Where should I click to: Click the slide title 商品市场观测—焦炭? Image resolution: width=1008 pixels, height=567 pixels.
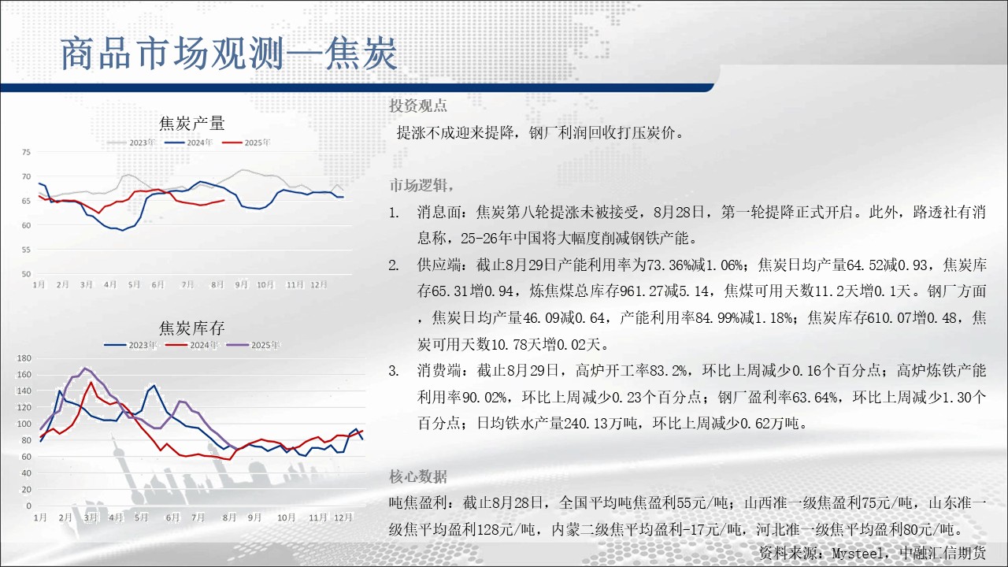pos(228,54)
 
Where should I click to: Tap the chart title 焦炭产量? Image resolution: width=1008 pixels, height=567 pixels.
pos(191,124)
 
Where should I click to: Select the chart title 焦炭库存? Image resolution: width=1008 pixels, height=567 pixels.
pos(191,328)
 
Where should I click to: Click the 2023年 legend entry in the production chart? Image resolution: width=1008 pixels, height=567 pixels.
pos(132,143)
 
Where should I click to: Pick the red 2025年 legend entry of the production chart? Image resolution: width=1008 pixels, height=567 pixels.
pos(246,143)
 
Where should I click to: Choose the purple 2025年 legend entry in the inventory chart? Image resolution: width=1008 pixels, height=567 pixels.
pos(253,345)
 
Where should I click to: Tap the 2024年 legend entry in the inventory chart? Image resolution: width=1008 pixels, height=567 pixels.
pos(191,345)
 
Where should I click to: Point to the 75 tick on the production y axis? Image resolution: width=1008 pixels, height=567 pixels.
pos(26,152)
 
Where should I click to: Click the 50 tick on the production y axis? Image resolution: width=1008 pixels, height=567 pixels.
pos(26,273)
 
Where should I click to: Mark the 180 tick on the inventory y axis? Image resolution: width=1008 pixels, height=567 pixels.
pos(24,358)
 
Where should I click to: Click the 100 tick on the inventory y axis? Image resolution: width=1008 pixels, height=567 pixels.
pos(24,424)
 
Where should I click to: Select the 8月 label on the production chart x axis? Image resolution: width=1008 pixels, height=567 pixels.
pos(217,284)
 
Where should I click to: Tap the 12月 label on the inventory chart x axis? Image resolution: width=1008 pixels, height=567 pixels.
pos(343,517)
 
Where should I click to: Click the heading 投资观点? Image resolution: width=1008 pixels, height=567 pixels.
pos(418,106)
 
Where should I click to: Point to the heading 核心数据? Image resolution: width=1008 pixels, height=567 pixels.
pos(418,476)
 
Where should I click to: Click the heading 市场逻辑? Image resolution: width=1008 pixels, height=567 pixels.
pos(418,185)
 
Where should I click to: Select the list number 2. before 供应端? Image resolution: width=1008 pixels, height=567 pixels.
pos(394,265)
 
